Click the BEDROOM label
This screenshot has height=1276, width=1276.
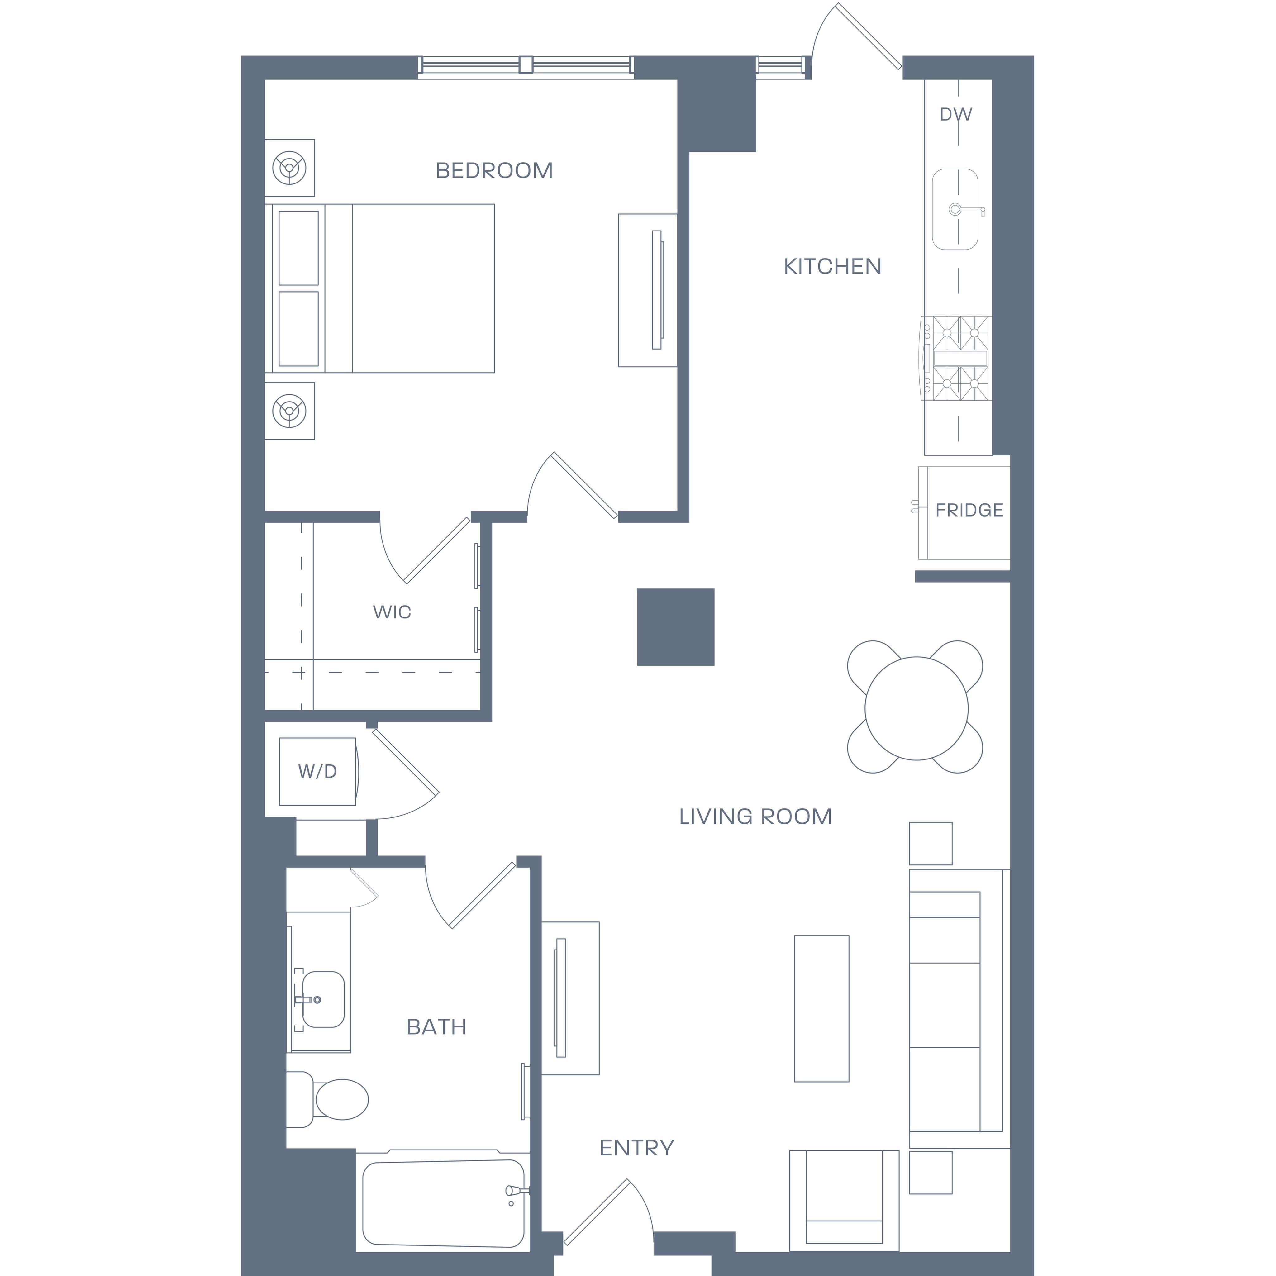click(x=494, y=171)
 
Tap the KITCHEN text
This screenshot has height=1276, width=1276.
click(x=832, y=267)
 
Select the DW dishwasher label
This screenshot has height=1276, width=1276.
click(x=956, y=115)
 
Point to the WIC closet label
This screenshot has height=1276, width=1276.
click(x=392, y=612)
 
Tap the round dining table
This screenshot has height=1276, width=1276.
click(x=917, y=708)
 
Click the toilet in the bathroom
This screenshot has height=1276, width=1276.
click(x=328, y=1100)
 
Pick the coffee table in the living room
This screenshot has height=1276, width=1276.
click(x=821, y=1008)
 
